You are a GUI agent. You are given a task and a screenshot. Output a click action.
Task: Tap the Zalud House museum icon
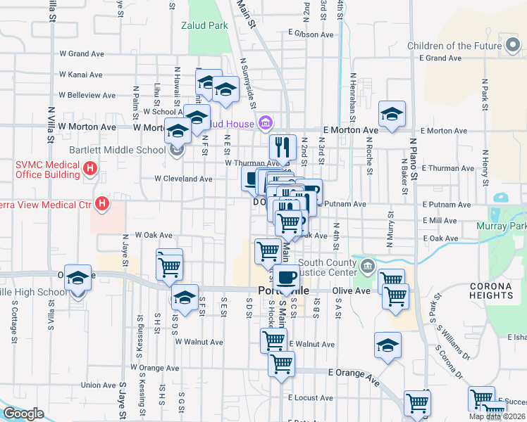pos(265,124)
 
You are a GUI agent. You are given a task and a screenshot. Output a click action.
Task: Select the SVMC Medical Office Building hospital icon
pos(90,168)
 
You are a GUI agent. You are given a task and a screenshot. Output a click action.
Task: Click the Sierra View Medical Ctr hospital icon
pos(102,205)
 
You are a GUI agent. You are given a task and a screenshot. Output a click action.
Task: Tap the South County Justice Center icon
pos(367,266)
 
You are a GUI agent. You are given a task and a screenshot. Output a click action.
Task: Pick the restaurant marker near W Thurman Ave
pos(283,148)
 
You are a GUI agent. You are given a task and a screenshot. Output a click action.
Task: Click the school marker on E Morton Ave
pos(392,115)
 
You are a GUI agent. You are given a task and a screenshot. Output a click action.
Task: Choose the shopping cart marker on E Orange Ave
pos(281,365)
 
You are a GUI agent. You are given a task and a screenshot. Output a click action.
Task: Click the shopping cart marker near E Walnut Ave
pos(273,342)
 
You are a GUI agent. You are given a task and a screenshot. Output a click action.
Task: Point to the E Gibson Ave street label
pos(311,34)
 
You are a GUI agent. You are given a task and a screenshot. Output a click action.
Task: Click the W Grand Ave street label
pos(82,53)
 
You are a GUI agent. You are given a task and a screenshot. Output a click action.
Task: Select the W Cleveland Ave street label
pos(184,179)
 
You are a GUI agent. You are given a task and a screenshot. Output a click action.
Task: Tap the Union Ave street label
pos(99,385)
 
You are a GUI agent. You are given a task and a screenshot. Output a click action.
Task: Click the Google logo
pos(24,414)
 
